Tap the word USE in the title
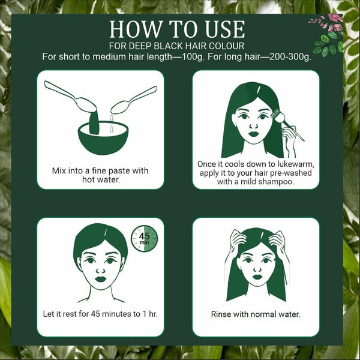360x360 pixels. click(x=225, y=29)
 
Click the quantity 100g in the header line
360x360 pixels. click(x=193, y=57)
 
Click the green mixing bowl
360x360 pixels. click(x=103, y=138)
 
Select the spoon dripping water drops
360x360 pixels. click(x=134, y=100)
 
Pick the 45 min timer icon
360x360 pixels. click(x=145, y=239)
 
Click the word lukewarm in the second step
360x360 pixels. click(x=295, y=164)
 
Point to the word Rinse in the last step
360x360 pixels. click(x=220, y=314)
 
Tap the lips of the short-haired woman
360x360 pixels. click(x=101, y=279)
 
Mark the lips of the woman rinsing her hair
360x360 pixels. click(x=257, y=277)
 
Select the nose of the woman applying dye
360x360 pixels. click(x=253, y=125)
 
